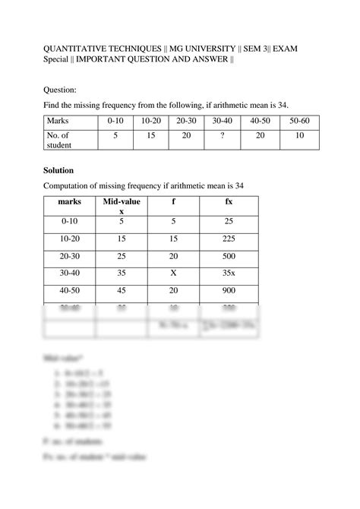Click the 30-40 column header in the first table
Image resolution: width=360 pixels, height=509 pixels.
[223, 122]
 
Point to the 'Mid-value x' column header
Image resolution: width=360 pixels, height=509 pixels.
[122, 207]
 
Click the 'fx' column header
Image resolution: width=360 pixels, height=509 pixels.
[229, 203]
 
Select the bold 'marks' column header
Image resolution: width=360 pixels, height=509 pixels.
[68, 203]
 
